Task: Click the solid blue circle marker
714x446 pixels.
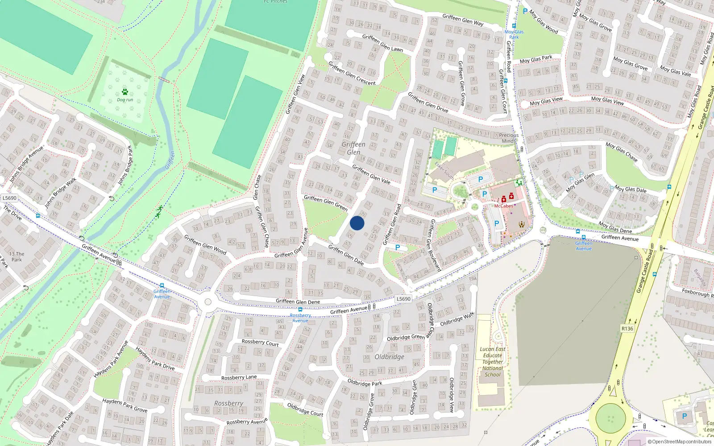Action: tap(357, 223)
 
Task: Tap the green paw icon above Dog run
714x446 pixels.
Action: tap(125, 92)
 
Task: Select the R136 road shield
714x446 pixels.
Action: tap(627, 329)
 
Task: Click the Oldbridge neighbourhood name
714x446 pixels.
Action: tap(389, 357)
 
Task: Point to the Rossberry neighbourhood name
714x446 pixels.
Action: tap(228, 403)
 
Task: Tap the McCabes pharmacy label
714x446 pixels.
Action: tap(503, 206)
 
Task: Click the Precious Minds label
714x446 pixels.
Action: tap(509, 138)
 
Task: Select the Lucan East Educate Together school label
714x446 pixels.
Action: tap(493, 362)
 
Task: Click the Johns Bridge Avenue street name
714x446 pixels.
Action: tap(27, 164)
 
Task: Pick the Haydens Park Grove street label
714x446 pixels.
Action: tap(125, 405)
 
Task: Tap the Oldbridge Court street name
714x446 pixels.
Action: tap(305, 409)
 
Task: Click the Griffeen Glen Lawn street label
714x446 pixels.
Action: tap(382, 43)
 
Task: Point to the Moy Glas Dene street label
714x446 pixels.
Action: tap(615, 227)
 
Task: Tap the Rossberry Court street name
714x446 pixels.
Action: tap(260, 343)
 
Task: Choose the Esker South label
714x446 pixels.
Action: tap(444, 170)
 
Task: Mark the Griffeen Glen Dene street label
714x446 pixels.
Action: tap(298, 301)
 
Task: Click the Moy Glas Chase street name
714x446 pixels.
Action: tap(621, 152)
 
